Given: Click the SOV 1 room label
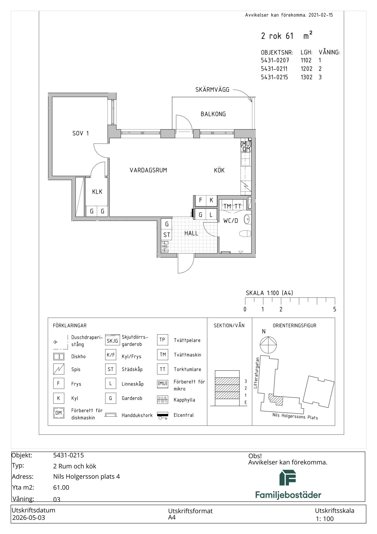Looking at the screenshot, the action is pyautogui.click(x=80, y=133).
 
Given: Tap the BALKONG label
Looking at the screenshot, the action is pyautogui.click(x=213, y=114).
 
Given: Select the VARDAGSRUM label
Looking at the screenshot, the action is pyautogui.click(x=148, y=170).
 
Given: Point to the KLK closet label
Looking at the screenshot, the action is pyautogui.click(x=97, y=192).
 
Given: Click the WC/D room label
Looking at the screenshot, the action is pyautogui.click(x=231, y=221).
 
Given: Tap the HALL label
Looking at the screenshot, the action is pyautogui.click(x=191, y=233).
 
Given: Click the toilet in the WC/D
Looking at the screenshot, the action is pyautogui.click(x=245, y=234).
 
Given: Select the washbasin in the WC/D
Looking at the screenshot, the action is pyautogui.click(x=247, y=219).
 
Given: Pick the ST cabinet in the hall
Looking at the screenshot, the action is pyautogui.click(x=167, y=235).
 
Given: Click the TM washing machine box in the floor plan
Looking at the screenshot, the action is pyautogui.click(x=227, y=206).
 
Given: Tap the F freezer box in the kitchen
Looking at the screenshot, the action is pyautogui.click(x=200, y=200).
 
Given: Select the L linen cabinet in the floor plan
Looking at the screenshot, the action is pyautogui.click(x=211, y=214).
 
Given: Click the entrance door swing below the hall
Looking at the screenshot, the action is pyautogui.click(x=186, y=264).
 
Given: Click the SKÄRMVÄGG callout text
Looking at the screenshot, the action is pyautogui.click(x=212, y=90).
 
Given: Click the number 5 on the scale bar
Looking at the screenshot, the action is pyautogui.click(x=335, y=309).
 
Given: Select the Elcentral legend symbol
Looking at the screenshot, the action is pyautogui.click(x=162, y=416).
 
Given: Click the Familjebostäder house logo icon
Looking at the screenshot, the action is pyautogui.click(x=288, y=478).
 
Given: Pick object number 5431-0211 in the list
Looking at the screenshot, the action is pyautogui.click(x=274, y=69).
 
